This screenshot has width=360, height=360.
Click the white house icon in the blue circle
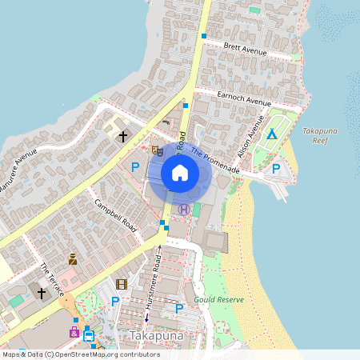tap(180, 173)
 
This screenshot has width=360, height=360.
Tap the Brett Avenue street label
tap(246, 49)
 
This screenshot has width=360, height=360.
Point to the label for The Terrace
tap(52, 278)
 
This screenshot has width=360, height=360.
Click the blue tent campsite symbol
tap(272, 134)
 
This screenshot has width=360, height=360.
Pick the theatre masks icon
tap(157, 150)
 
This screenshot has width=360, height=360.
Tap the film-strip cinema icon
tap(122, 284)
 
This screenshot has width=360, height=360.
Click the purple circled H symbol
tap(184, 210)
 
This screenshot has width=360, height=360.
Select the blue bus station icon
tap(88, 336)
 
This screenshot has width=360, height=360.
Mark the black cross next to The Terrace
tap(42, 294)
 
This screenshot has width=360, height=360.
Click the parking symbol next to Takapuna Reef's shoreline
tap(276, 169)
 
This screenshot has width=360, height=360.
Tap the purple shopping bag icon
tap(74, 331)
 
